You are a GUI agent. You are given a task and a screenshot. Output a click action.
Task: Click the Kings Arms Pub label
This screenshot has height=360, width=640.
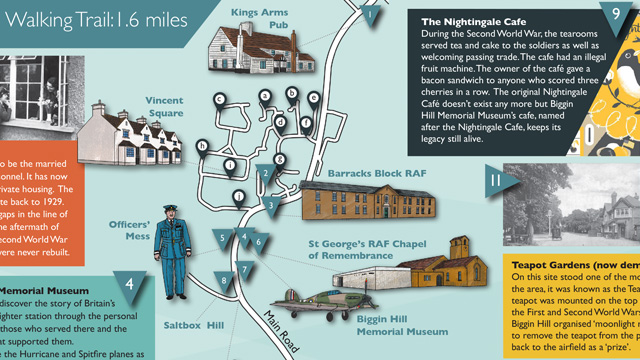click(258, 19)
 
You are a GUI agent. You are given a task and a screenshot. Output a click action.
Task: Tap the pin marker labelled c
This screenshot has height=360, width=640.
click(218, 98)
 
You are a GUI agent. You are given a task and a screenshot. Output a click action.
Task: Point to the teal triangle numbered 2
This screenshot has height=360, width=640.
click(264, 171)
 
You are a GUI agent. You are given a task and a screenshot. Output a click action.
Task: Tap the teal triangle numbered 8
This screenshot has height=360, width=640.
click(226, 281)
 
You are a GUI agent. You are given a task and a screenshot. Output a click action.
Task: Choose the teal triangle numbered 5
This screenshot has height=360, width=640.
click(221, 237)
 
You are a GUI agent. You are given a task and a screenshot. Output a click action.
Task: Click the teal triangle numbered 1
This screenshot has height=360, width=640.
click(372, 14)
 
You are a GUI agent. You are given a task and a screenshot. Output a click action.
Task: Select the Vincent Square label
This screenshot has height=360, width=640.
click(165, 107)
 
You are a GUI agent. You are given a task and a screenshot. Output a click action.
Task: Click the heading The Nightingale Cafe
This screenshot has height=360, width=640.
click(473, 20)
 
